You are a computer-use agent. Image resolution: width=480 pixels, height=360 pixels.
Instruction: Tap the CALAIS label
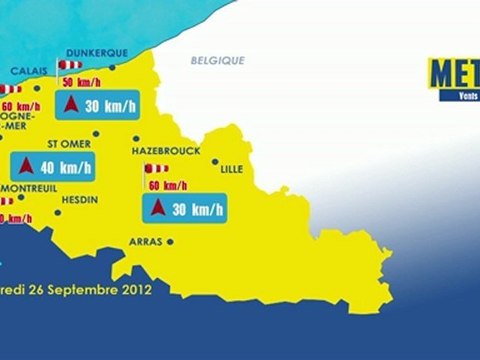point(28,72)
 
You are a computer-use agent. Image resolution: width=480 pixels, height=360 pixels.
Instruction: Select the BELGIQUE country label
point(218,61)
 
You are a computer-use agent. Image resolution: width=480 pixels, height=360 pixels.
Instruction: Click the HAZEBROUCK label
point(166,150)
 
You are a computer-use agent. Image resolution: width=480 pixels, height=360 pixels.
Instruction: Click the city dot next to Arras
point(171,242)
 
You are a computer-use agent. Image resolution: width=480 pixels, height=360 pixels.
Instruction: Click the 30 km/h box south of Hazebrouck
point(186,209)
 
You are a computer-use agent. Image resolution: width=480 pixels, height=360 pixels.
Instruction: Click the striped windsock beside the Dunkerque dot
point(72,65)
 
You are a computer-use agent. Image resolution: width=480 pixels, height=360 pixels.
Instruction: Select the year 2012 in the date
point(135,292)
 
